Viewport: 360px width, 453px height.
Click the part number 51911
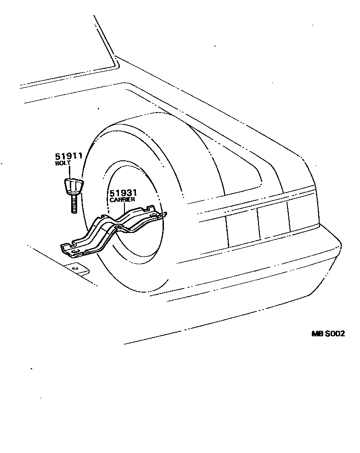(68, 156)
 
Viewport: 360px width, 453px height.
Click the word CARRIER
(122, 200)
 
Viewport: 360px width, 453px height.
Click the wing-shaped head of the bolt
(72, 186)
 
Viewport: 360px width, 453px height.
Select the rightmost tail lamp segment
(303, 215)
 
